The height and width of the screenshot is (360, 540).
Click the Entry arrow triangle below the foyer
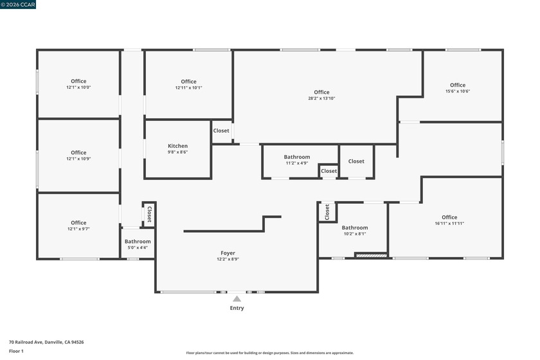[x=237, y=299]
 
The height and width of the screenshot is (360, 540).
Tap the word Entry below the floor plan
[x=237, y=308]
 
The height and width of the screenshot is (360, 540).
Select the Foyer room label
[x=228, y=253]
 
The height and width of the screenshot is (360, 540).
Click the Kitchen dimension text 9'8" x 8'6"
[x=177, y=152]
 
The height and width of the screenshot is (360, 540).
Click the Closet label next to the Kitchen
[x=221, y=130]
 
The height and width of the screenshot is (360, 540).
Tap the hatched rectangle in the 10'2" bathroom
[x=371, y=256]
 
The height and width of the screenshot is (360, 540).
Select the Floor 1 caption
[x=16, y=351]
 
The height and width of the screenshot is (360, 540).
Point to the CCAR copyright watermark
[x=18, y=4]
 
